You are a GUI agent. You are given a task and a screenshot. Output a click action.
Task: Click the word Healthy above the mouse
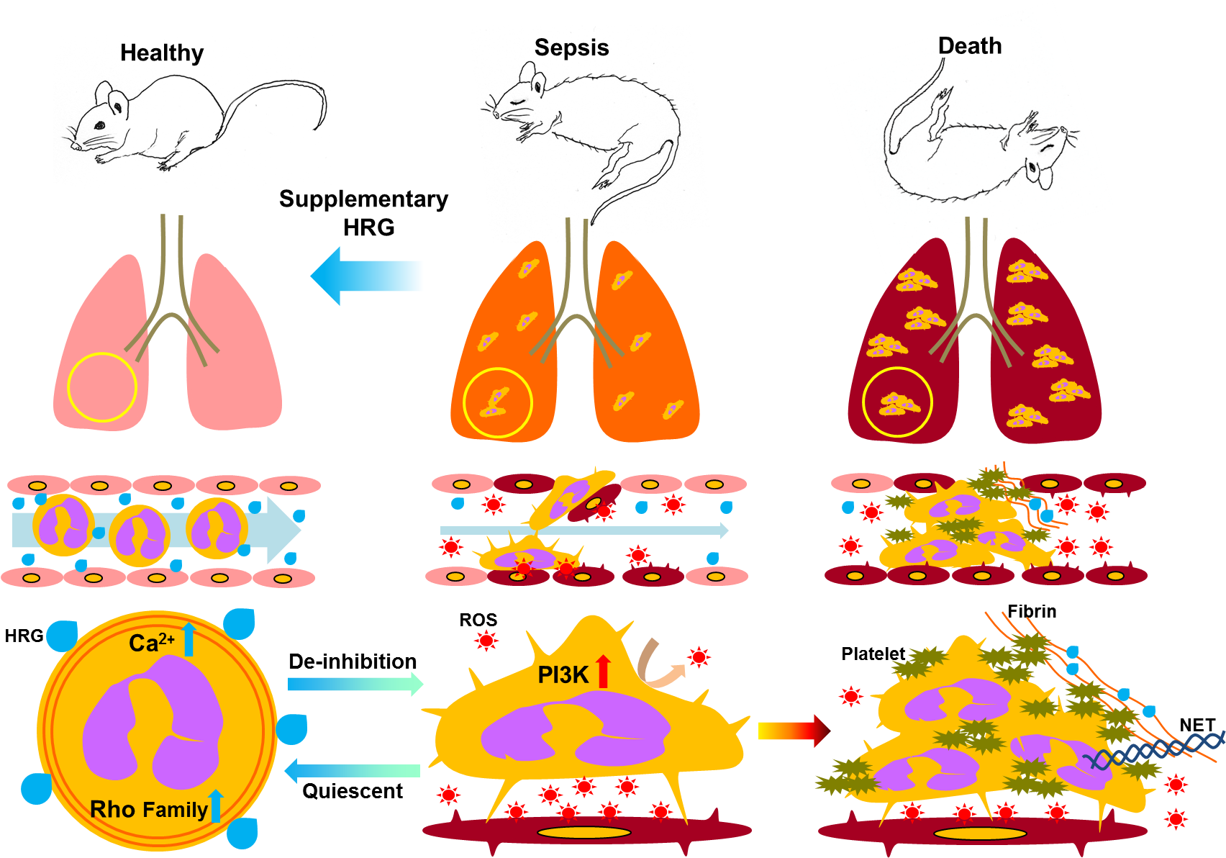pos(162,53)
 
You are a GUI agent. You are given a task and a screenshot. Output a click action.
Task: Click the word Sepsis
pos(571,48)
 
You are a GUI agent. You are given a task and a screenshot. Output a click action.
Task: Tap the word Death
pos(970,46)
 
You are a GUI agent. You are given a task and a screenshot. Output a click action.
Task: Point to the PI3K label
pos(563,674)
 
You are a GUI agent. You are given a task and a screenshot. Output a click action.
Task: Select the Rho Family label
pos(148,810)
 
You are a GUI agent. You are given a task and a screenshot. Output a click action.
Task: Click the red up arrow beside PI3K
pos(603,671)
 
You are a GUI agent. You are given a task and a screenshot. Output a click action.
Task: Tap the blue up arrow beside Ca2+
pos(189,639)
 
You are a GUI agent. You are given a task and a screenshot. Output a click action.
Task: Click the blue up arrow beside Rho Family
pos(216,806)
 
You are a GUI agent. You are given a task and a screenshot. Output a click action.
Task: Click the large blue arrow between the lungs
pos(367,276)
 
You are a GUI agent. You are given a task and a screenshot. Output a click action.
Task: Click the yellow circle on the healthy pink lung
pos(102,387)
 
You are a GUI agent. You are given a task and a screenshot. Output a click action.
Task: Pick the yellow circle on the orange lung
pos(497,402)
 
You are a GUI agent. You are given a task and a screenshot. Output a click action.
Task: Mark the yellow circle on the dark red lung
pos(897,402)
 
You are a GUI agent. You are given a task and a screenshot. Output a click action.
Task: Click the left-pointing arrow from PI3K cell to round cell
pos(353,771)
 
